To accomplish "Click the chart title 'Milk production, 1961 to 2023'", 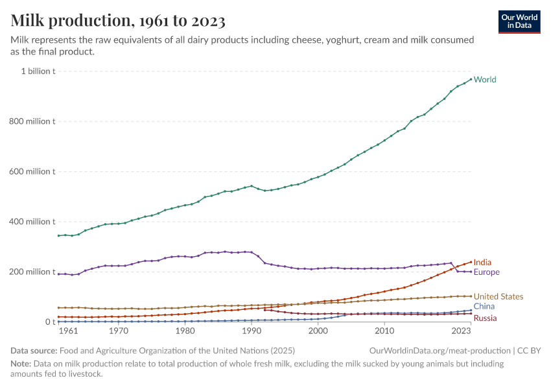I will (118, 21).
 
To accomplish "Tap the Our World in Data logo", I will (519, 21).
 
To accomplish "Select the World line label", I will (485, 80).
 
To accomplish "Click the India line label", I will (482, 263).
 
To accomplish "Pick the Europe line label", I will (487, 272).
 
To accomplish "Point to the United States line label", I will (498, 297).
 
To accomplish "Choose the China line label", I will (484, 306).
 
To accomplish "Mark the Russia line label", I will (486, 318).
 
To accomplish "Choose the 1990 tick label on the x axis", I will (252, 331).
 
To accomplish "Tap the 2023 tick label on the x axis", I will (461, 331).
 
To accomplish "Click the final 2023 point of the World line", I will (471, 79).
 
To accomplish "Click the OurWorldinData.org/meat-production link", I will (440, 351).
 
